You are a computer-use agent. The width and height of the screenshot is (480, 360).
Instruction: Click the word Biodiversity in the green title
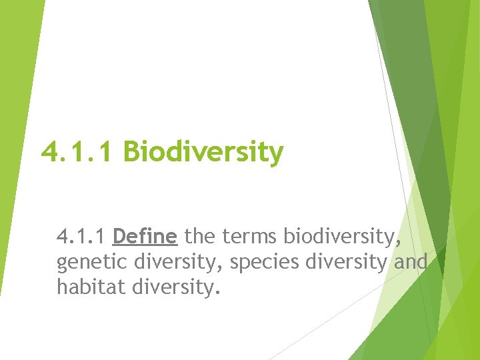(x=203, y=153)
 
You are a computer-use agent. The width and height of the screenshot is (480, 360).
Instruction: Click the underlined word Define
(x=145, y=237)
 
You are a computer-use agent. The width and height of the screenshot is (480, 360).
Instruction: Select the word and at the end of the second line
(x=411, y=263)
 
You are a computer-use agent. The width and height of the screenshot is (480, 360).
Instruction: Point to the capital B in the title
(x=132, y=153)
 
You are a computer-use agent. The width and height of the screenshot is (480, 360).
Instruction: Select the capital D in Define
(x=119, y=237)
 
